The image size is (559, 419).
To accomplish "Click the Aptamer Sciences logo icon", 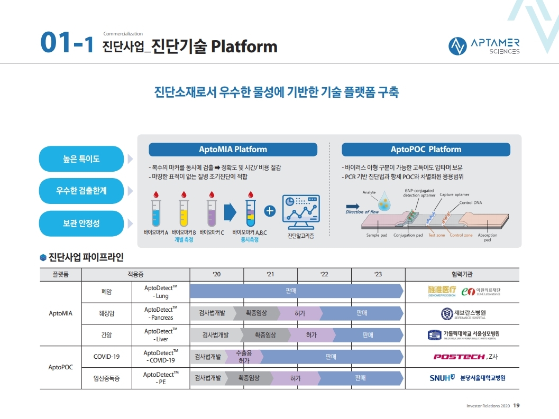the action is (x=457, y=46).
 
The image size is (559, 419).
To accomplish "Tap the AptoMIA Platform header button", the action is (x=233, y=150).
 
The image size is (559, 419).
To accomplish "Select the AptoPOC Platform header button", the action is (x=426, y=150).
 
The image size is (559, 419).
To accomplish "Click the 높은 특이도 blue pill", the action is (x=81, y=159).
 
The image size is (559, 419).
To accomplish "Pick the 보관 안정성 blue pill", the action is (x=81, y=224).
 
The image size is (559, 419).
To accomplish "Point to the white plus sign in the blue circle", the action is (x=270, y=211).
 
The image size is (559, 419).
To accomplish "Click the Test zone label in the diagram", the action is (x=436, y=235).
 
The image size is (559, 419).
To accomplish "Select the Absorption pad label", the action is (x=487, y=237).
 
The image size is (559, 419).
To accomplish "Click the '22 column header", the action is (x=324, y=274).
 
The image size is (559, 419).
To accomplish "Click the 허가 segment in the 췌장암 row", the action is (x=300, y=313).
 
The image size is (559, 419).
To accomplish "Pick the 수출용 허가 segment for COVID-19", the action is (x=244, y=356).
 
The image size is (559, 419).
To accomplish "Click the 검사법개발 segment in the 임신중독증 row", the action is (x=207, y=378).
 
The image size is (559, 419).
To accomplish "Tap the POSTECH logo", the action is (x=459, y=357).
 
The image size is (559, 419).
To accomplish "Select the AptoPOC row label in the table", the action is (x=60, y=367).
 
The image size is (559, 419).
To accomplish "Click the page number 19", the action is (x=517, y=405).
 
